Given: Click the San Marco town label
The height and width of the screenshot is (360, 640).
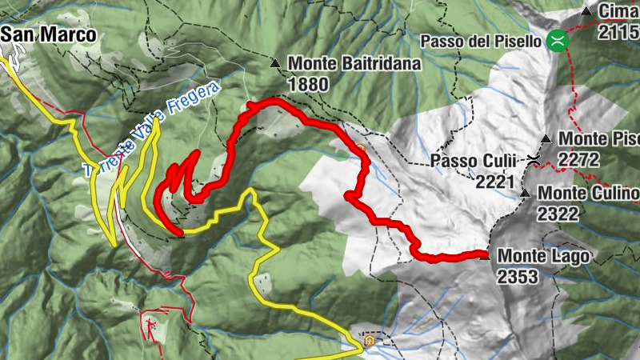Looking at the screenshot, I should [x=48, y=34].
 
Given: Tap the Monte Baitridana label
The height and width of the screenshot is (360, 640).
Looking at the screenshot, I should [x=354, y=62].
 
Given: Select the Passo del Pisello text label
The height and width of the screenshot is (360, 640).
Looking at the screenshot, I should [x=485, y=40].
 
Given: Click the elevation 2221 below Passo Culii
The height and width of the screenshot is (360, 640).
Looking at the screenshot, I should [x=494, y=182].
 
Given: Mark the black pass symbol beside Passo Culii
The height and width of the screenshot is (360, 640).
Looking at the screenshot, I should [x=533, y=162].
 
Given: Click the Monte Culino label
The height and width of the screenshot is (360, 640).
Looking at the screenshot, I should [x=588, y=194].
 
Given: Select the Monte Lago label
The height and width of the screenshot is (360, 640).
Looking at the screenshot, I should [x=544, y=256].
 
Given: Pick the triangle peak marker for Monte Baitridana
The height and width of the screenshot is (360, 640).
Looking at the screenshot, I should [x=276, y=62].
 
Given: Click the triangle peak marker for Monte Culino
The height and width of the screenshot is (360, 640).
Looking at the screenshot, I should [x=526, y=194].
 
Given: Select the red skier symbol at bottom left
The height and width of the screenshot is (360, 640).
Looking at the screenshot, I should [x=150, y=323].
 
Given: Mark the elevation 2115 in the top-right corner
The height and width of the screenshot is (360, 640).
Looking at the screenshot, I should [x=619, y=30].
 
